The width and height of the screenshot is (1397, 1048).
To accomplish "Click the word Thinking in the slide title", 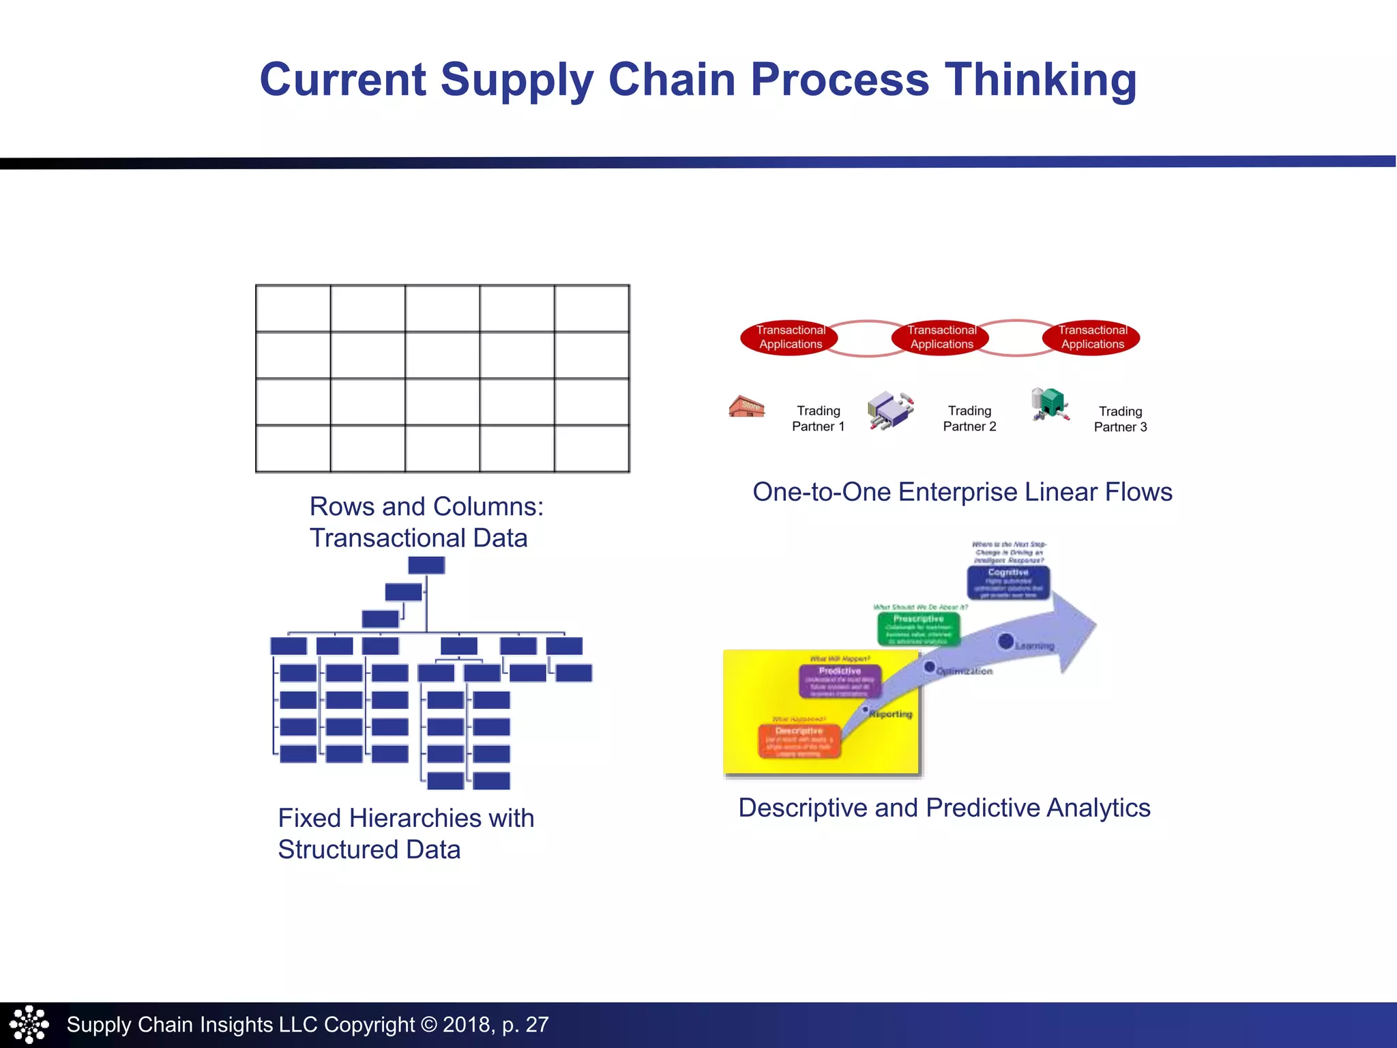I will [x=1040, y=80].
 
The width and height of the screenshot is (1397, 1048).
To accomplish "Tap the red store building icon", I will [x=746, y=406].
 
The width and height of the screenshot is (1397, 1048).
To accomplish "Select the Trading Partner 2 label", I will [x=969, y=418].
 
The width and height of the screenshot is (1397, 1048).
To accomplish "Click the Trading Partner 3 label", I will [x=1120, y=419].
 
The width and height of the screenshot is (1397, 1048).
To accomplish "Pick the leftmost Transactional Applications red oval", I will [x=791, y=337].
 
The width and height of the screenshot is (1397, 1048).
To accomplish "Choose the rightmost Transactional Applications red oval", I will [x=1092, y=337].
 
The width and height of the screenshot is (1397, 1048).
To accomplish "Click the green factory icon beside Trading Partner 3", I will [x=1050, y=404].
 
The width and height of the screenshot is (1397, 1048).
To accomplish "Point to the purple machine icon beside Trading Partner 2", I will [x=890, y=409].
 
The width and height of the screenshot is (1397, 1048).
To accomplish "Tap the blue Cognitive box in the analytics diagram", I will [x=1008, y=583].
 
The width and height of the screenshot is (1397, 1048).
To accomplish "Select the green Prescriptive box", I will [x=918, y=628].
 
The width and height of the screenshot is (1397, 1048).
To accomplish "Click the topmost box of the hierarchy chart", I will [x=426, y=565].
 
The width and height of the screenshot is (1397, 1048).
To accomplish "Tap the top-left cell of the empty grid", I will [x=293, y=308].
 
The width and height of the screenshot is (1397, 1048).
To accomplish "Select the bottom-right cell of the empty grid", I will [x=591, y=448].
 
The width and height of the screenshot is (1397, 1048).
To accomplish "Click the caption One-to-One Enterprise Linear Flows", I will [x=962, y=492].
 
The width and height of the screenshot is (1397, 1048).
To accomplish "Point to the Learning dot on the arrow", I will [x=1005, y=641].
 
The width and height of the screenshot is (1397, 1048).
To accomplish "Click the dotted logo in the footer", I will [x=29, y=1024].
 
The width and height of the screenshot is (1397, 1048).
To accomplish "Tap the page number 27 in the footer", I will [x=537, y=1024].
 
